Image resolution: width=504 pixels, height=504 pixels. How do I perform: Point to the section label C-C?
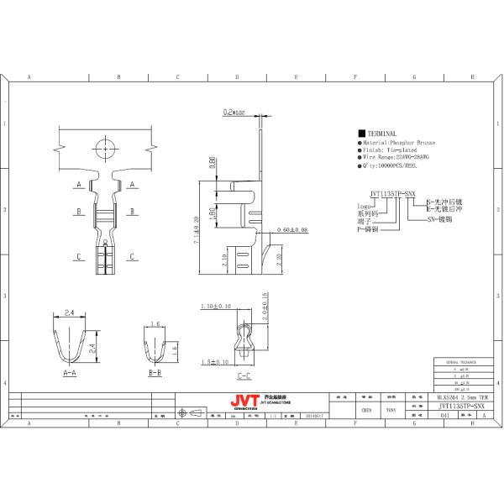[243, 376]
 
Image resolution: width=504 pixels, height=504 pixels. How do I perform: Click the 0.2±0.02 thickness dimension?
[234, 112]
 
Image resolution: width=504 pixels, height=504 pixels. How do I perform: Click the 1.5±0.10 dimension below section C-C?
[216, 362]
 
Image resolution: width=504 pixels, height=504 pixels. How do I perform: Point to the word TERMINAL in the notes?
[382, 134]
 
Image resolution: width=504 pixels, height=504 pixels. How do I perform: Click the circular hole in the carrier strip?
[104, 150]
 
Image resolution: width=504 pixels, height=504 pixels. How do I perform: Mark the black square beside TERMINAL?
[361, 134]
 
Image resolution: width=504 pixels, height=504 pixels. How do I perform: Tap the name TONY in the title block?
[391, 411]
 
